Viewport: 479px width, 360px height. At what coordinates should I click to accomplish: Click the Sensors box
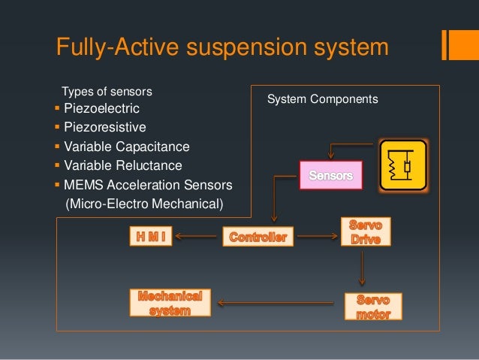[330, 175]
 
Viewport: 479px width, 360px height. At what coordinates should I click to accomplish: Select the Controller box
[258, 237]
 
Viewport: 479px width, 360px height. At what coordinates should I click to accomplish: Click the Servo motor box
[373, 306]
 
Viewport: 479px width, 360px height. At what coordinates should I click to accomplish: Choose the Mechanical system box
[170, 302]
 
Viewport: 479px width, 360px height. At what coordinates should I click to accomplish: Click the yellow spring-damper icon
[403, 166]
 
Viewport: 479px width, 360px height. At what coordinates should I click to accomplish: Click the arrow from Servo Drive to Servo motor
[363, 267]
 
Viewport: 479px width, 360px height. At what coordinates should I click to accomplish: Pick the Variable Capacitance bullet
[127, 147]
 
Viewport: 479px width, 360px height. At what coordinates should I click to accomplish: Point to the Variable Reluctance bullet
[123, 165]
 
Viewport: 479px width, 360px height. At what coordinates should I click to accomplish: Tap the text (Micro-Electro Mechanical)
[145, 202]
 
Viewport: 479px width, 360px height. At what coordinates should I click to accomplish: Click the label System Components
[323, 98]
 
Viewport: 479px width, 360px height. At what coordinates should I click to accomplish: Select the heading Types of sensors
[107, 92]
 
